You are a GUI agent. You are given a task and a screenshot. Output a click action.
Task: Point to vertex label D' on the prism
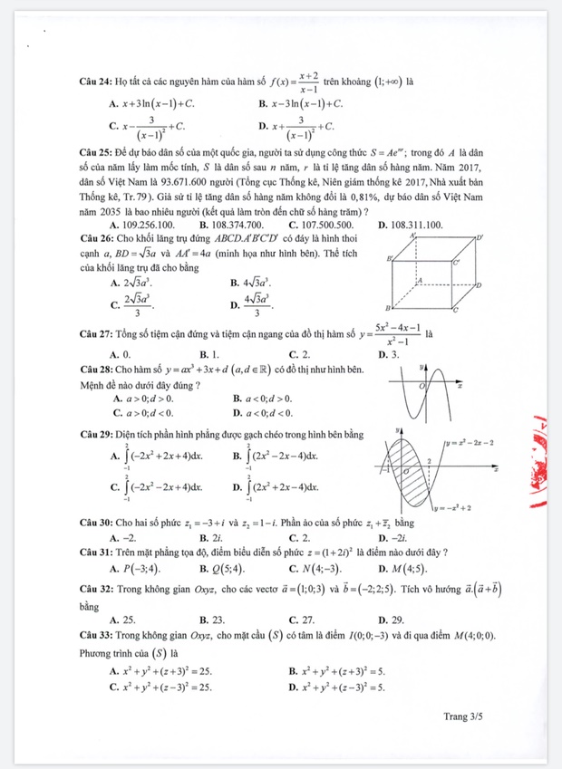click(480, 238)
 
